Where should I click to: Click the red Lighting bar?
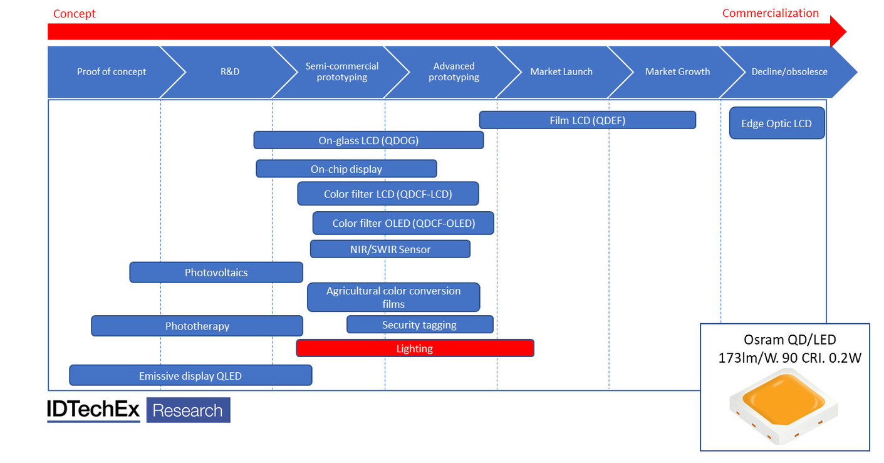point(415,348)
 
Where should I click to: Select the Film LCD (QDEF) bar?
point(587,120)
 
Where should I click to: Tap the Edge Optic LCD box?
point(776,123)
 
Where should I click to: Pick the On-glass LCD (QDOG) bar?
point(368,140)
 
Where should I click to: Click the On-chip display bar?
point(346,169)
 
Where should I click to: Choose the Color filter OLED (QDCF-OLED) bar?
point(403,223)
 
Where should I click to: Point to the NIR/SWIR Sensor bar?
point(390,249)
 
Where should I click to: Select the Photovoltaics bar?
point(216,273)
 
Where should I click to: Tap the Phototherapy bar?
point(197,326)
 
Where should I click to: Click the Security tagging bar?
point(419,325)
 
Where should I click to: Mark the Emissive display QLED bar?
point(190,376)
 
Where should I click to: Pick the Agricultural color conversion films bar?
point(393,298)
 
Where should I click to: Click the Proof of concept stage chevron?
point(111,71)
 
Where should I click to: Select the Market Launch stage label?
point(561,71)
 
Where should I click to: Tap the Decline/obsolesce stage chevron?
point(789,71)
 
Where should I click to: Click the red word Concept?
point(74,14)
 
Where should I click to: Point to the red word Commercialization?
point(770,13)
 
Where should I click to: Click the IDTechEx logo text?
point(93,410)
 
